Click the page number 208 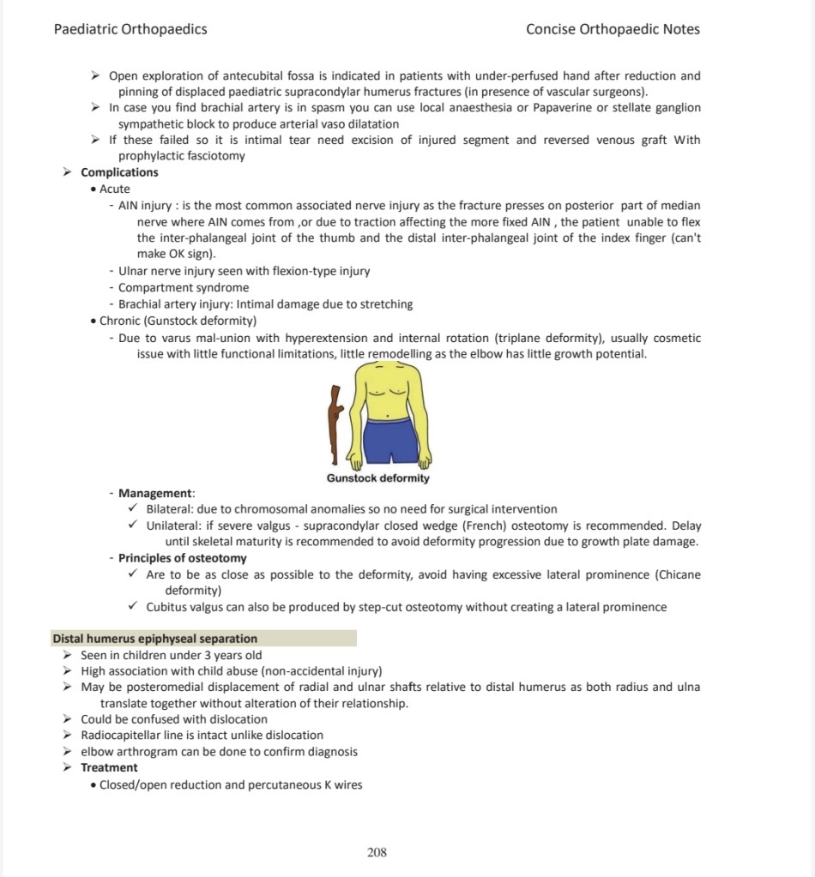click(377, 852)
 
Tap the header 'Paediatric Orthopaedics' click(130, 29)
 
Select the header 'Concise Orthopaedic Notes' click(613, 29)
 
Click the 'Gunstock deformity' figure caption click(377, 478)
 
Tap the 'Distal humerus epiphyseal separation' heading click(154, 639)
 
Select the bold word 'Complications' click(119, 172)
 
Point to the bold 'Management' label click(155, 493)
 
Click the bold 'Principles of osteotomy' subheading click(182, 558)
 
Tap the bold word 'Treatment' click(109, 768)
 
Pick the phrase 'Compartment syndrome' click(184, 288)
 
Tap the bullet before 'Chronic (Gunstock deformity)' click(94, 321)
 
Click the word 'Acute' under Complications click(115, 189)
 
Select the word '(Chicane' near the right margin click(678, 574)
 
